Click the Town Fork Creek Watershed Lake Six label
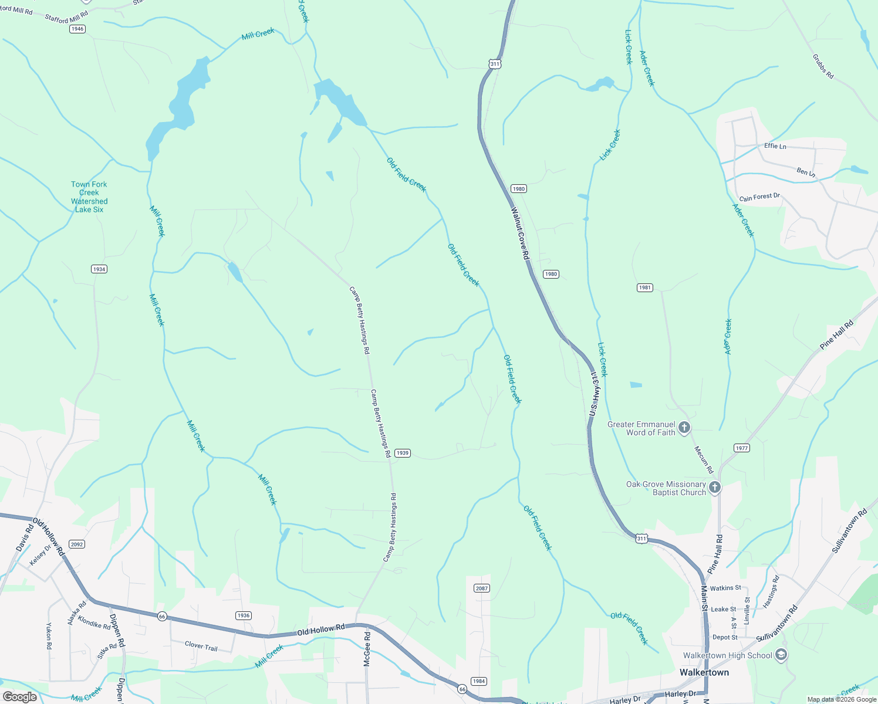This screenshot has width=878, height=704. coord(89,197)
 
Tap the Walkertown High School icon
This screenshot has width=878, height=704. coord(781,655)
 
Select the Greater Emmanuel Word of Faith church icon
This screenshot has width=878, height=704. coord(684,428)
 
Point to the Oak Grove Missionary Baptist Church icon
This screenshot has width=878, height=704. coord(714,488)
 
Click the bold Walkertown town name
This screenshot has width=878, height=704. coord(704,672)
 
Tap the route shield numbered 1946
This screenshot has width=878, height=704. coord(77,29)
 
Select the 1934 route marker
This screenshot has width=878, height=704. coord(99,269)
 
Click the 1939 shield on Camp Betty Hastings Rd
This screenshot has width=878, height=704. coord(402,453)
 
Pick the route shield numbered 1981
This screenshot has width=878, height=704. coord(644,287)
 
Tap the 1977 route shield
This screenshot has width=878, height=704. coord(742,448)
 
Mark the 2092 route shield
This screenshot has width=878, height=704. coord(77,544)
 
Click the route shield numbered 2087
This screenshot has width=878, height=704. coord(481,588)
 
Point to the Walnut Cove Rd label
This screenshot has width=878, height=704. coord(520,233)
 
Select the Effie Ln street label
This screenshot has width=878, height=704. coord(775,146)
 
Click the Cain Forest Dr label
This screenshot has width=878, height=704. coord(759,197)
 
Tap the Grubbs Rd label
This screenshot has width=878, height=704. coord(823,66)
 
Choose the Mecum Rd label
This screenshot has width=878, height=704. coord(704,460)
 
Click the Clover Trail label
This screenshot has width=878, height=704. coord(201,647)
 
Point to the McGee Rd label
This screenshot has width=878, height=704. coord(367,648)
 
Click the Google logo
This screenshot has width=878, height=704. coord(20,696)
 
